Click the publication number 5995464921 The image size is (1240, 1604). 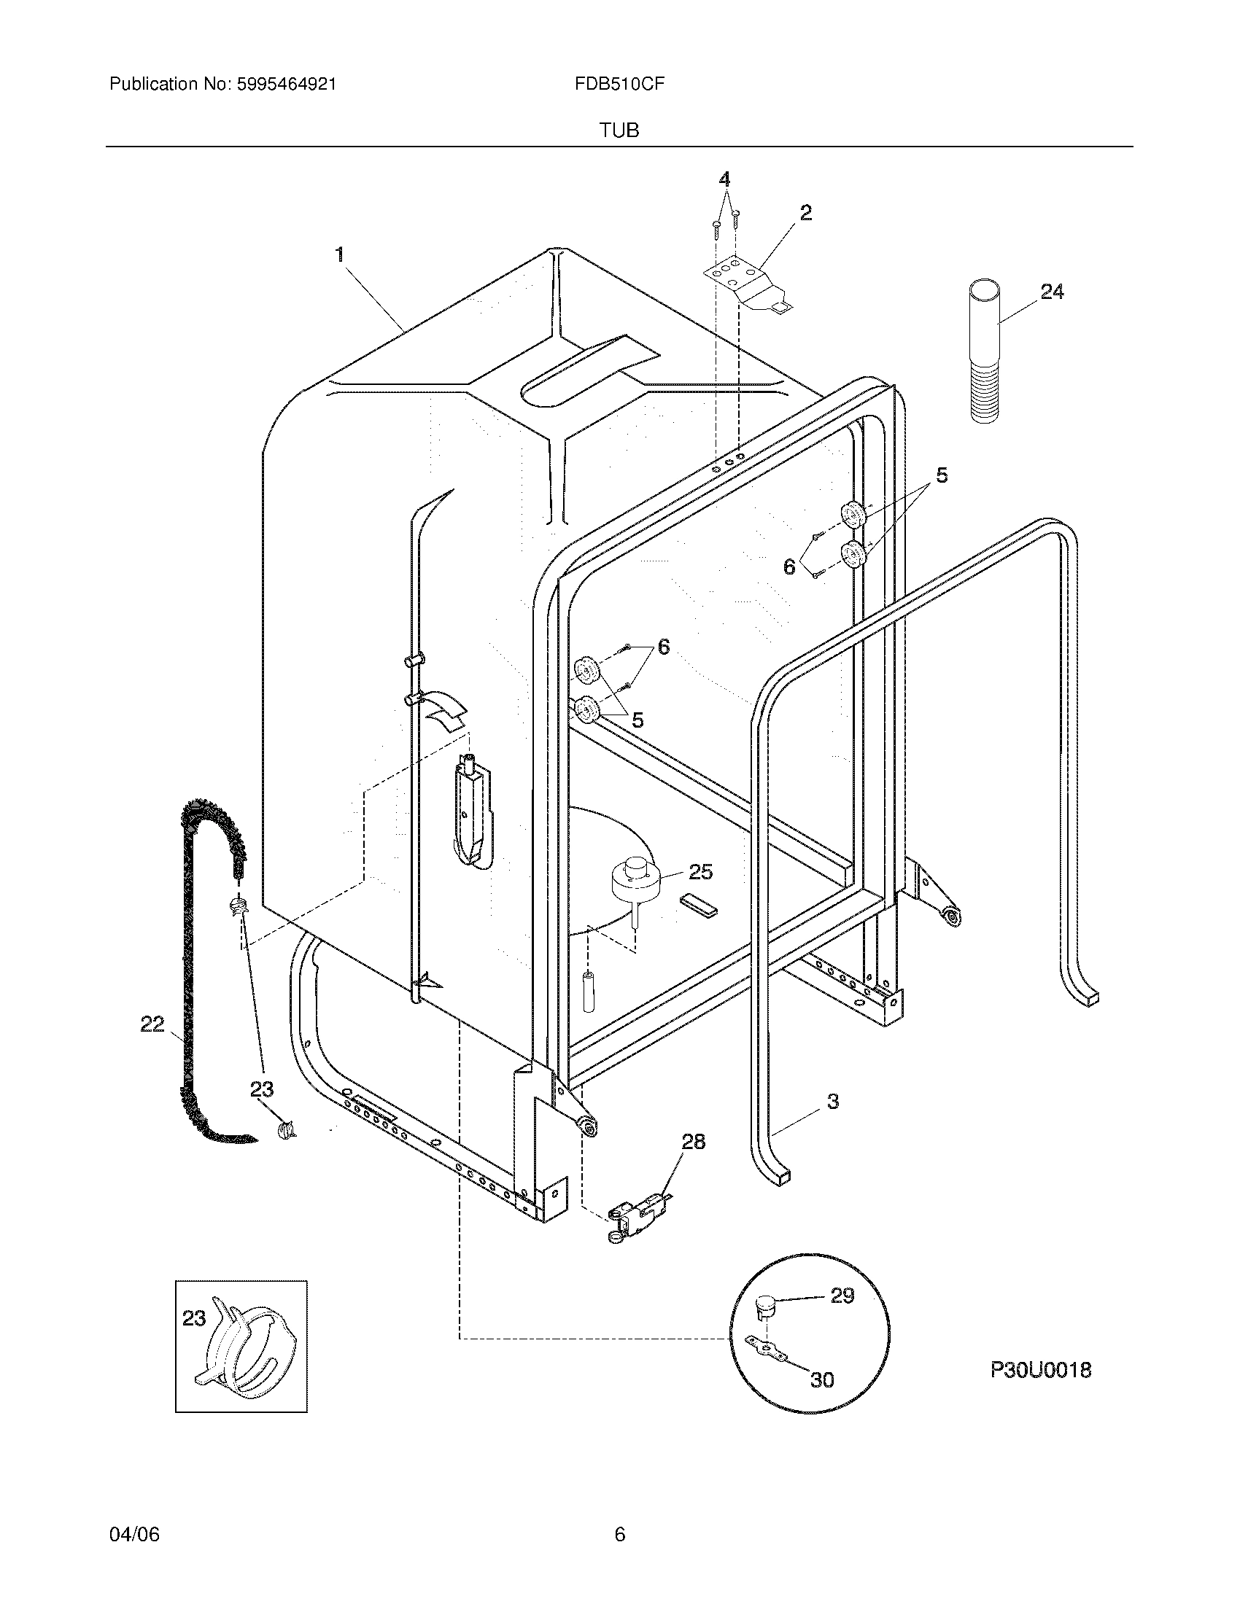coord(287,85)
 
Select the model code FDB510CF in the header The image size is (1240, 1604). coord(619,85)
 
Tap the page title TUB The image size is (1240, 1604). coord(619,131)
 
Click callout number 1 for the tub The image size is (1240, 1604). coord(339,255)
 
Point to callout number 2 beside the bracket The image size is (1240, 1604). coord(806,213)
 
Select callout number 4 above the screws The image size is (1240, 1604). coord(724,179)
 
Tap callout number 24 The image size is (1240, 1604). coord(1052,292)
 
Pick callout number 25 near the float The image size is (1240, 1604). coord(701,871)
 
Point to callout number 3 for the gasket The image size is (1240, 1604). coord(832,1121)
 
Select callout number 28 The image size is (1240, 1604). coord(693,1141)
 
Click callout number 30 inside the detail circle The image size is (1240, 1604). coord(822,1380)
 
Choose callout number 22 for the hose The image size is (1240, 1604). coord(152,1024)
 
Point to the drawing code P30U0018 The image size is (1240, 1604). coord(1040,1370)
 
